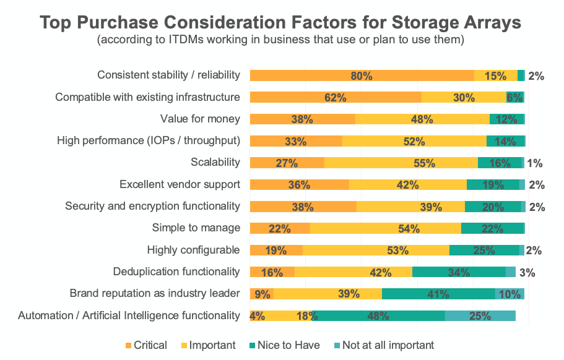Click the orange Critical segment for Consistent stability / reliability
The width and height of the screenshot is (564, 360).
(362, 76)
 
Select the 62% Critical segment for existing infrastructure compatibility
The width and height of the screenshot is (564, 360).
(336, 98)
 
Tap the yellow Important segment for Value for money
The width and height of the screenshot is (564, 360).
(422, 119)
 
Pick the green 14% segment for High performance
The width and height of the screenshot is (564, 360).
(505, 141)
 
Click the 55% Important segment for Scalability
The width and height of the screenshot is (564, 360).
(401, 163)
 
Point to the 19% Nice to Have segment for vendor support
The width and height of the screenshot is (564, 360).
(493, 185)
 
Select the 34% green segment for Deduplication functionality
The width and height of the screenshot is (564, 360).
(459, 272)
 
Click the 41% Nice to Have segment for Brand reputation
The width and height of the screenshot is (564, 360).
(438, 294)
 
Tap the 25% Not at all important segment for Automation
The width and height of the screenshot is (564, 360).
(480, 316)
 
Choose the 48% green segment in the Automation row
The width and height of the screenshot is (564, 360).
(378, 316)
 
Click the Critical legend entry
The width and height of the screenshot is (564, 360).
(146, 345)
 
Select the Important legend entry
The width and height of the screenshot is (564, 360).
(209, 345)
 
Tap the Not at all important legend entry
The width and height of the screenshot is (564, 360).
(384, 345)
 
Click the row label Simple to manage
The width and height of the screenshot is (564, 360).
(196, 228)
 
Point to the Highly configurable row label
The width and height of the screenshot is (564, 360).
(193, 250)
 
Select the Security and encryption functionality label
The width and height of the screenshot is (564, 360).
(152, 206)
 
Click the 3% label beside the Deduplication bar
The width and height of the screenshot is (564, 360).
(527, 272)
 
